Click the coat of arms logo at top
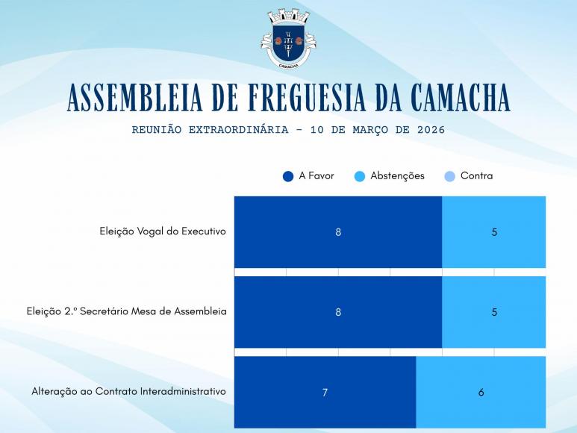point(288,39)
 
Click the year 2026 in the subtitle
point(431,130)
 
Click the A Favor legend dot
point(288,176)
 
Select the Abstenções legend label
point(397,176)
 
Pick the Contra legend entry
point(476,176)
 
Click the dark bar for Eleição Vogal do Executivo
point(338,232)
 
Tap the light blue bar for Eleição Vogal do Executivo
point(493,232)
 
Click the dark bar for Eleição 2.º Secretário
point(338,312)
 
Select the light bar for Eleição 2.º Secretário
point(493,312)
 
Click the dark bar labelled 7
point(325,392)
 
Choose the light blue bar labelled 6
point(481,392)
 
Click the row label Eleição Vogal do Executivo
point(162,231)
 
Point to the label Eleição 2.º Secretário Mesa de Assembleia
point(126,311)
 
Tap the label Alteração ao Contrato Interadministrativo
point(128,391)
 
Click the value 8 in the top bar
point(338,232)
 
